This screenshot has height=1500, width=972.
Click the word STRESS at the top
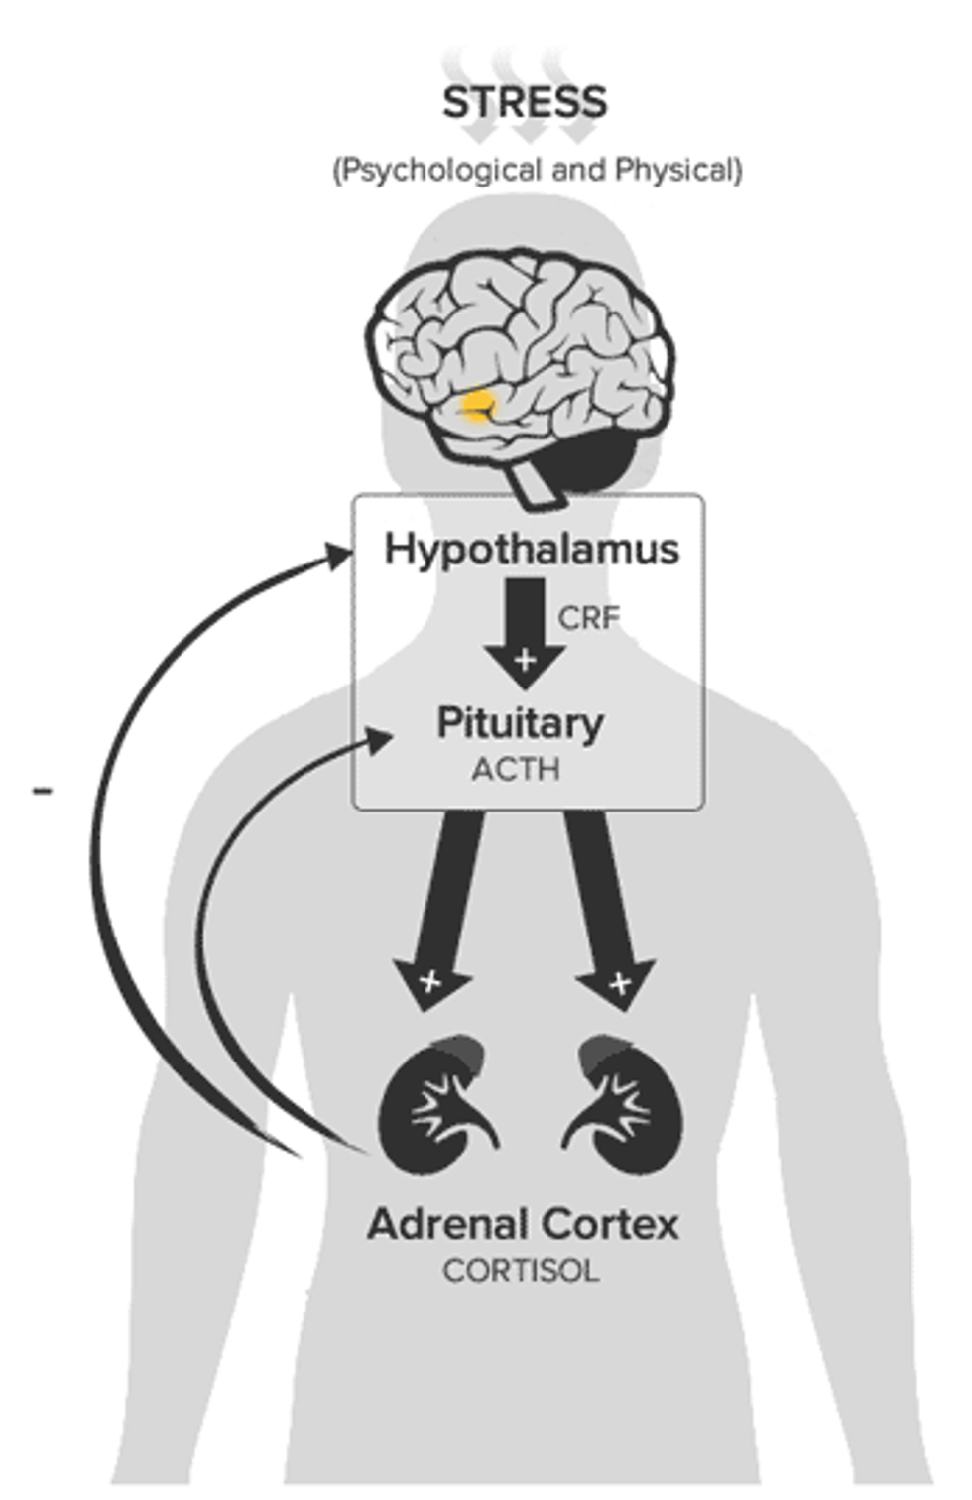524,102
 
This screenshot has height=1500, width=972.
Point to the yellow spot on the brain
479,405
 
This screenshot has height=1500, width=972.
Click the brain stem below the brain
536,485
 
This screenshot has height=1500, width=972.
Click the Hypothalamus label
532,549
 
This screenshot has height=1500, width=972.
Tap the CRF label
588,618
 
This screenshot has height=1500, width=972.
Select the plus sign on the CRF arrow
525,659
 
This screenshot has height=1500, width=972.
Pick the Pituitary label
521,723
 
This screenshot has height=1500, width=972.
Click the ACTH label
516,769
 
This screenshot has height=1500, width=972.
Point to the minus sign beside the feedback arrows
42,791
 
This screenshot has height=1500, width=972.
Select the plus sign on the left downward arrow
430,981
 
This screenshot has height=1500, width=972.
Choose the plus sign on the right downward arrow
619,983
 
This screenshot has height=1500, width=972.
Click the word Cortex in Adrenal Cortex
611,1224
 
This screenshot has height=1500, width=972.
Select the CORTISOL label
521,1271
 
